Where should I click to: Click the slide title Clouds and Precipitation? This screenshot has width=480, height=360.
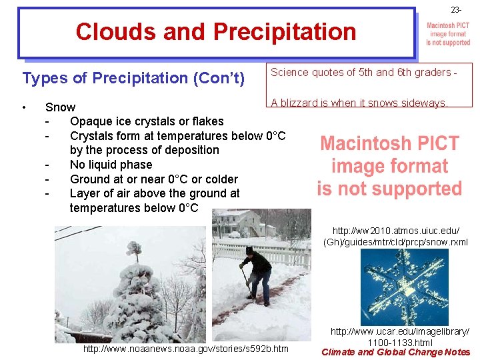pos(216,31)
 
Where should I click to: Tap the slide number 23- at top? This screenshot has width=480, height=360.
pos(455,10)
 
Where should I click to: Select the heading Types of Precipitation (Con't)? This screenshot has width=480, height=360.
pos(134,78)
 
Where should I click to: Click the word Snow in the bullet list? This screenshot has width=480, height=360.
pos(60,107)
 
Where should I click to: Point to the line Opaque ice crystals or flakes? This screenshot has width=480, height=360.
pos(147,121)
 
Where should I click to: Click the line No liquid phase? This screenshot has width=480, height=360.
pos(111,165)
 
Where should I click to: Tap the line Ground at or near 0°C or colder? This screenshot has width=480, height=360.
pos(153,179)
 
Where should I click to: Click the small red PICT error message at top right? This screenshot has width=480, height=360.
pos(448,33)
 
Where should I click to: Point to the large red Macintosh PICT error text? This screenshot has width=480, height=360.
pos(389,166)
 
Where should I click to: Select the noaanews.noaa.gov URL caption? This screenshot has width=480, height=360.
pos(185,349)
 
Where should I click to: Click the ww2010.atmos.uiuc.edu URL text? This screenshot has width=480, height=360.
pos(395,235)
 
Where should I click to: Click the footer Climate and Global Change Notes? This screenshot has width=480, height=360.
pos(396,352)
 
